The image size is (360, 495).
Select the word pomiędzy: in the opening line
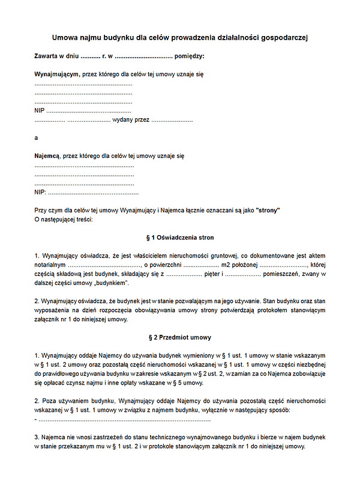(x=189, y=56)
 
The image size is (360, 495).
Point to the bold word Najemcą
(x=47, y=155)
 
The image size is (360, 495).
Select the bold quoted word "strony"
(x=268, y=211)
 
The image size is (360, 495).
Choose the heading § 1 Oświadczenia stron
(x=180, y=238)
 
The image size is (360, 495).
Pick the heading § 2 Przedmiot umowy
(x=180, y=337)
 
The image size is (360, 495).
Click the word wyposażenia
(x=54, y=310)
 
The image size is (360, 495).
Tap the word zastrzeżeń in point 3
(x=95, y=437)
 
